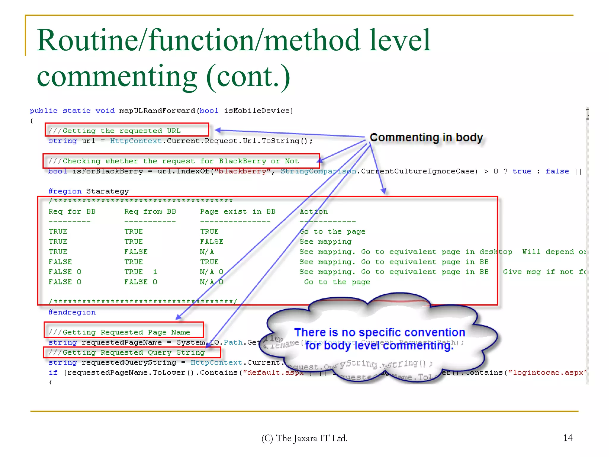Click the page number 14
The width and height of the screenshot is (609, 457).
tap(568, 438)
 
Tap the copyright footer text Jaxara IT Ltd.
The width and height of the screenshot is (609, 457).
tap(304, 438)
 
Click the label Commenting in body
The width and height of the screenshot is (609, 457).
tap(426, 138)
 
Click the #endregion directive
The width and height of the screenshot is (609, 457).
tap(72, 312)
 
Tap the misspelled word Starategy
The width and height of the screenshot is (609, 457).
tap(107, 191)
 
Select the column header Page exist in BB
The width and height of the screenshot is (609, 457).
tap(238, 212)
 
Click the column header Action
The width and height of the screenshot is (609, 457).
tap(313, 212)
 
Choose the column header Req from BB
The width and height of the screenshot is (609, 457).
tap(150, 212)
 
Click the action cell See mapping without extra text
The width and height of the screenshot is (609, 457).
tap(325, 242)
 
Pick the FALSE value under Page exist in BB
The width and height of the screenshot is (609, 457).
tap(211, 242)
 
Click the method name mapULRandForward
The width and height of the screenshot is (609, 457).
tap(157, 111)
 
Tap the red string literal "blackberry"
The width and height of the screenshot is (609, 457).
tap(243, 171)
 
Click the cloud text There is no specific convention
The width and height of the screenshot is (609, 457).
tap(379, 332)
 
